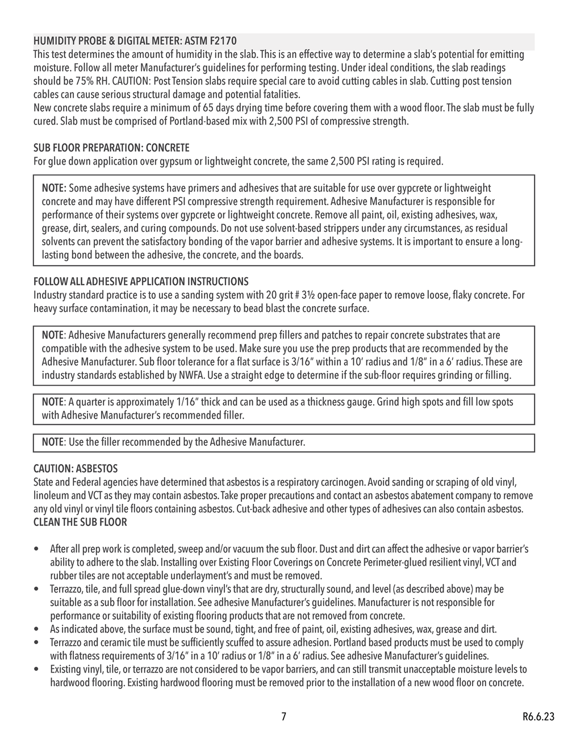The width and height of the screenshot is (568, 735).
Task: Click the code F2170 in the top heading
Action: (x=222, y=41)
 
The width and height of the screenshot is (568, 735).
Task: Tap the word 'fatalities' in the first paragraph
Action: (x=280, y=94)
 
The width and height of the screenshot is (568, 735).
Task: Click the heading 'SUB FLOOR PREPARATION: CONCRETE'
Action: (x=111, y=148)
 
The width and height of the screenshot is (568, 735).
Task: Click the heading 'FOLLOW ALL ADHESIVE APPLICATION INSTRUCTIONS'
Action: (x=141, y=282)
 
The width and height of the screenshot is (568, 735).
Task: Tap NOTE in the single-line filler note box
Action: (x=53, y=442)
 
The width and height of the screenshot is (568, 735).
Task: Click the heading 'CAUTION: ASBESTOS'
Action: (x=76, y=469)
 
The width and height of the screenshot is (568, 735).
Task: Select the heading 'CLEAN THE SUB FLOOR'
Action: (x=80, y=523)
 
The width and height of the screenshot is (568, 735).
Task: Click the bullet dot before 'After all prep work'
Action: (x=37, y=550)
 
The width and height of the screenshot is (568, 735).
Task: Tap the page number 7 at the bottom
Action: (x=283, y=716)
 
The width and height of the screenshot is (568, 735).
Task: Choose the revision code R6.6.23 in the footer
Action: (x=537, y=716)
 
